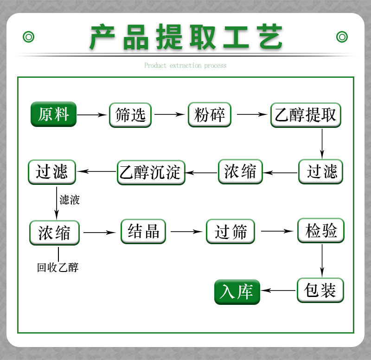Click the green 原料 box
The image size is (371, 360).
tap(53, 114)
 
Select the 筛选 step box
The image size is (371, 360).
tap(130, 114)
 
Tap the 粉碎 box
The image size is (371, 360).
tap(210, 114)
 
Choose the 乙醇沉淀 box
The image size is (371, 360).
tap(151, 172)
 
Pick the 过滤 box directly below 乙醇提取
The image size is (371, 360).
tap(321, 172)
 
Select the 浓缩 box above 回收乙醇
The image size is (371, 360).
tap(54, 232)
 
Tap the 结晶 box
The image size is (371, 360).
tap(143, 231)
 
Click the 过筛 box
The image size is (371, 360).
tap(230, 231)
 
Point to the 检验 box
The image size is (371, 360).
tap(321, 230)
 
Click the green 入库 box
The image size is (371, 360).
tap(237, 292)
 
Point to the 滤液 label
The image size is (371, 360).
tap(70, 200)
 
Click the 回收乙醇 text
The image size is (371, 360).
tap(58, 267)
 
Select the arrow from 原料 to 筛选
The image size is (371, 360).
tap(92, 114)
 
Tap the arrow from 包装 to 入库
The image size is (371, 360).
tap(278, 291)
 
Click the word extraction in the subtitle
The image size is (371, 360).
tap(185, 66)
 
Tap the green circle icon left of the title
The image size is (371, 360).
tap(29, 37)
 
